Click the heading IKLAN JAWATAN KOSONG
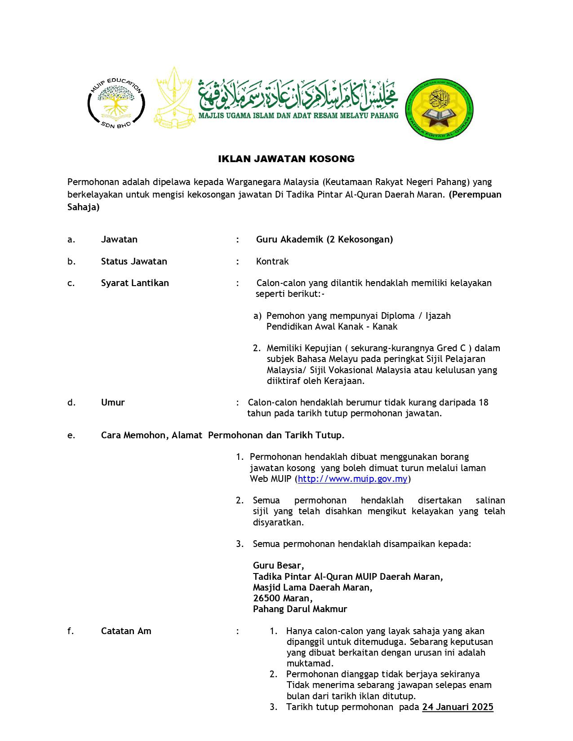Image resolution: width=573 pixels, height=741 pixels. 286,159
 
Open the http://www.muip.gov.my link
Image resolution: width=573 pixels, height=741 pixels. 352,479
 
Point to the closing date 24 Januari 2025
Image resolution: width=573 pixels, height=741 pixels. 458,707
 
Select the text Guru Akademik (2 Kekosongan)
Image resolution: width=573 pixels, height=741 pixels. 324,239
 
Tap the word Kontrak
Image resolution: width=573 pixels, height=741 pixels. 272,261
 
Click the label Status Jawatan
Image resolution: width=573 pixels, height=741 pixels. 134,261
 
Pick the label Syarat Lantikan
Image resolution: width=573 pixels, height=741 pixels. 135,283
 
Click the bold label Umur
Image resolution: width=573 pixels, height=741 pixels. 113,402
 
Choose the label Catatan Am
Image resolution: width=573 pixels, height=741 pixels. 126,631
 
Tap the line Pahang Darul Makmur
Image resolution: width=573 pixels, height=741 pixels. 300,609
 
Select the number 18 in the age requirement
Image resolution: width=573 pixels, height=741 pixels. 483,402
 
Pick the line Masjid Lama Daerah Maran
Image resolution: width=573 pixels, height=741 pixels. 312,587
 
